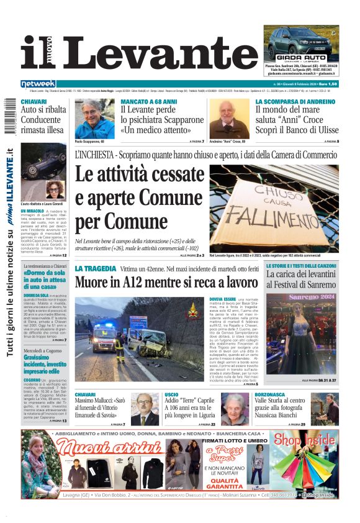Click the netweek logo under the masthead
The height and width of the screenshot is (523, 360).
[x=38, y=83]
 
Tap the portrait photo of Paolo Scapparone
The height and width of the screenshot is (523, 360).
[x=94, y=119]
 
